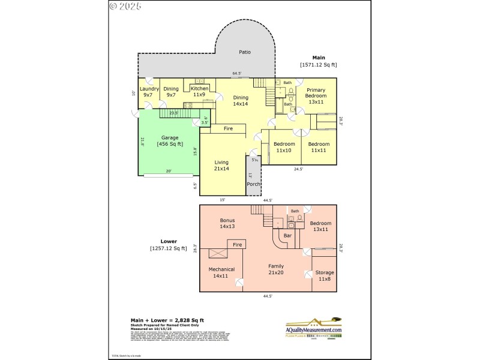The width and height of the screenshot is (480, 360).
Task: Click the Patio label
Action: pyautogui.click(x=244, y=52)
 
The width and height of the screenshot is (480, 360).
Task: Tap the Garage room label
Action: pyautogui.click(x=169, y=141)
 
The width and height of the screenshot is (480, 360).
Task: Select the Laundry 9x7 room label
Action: pyautogui.click(x=149, y=91)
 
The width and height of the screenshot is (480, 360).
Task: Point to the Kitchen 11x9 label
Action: pyautogui.click(x=199, y=91)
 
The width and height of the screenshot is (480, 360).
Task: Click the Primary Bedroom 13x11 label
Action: pyautogui.click(x=316, y=98)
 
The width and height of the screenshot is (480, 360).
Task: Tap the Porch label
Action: pyautogui.click(x=253, y=184)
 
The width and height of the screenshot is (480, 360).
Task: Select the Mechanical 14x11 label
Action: pyautogui.click(x=221, y=272)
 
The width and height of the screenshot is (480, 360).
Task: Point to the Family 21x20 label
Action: pyautogui.click(x=276, y=269)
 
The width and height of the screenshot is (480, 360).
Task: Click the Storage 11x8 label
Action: pyautogui.click(x=325, y=276)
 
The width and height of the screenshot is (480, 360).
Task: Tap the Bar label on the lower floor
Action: pyautogui.click(x=287, y=236)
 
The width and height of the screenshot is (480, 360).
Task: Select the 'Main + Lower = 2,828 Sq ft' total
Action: pyautogui.click(x=167, y=321)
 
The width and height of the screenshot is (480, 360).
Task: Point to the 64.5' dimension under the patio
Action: pyautogui.click(x=237, y=74)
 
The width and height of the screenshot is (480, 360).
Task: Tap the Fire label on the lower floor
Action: pyautogui.click(x=237, y=245)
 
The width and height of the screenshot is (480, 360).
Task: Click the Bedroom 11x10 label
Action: pyautogui.click(x=284, y=147)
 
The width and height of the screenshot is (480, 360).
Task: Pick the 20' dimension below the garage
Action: pyautogui.click(x=169, y=171)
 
